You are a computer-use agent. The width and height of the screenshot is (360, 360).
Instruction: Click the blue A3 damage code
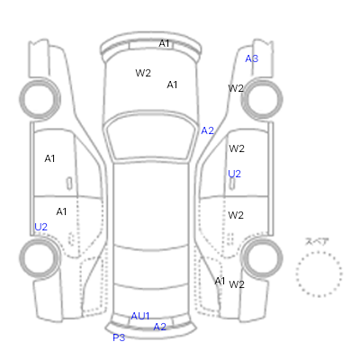pos(251,58)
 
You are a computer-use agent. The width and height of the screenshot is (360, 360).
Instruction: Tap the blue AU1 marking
pos(140,316)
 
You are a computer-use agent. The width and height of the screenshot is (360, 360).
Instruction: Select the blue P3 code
pos(119,337)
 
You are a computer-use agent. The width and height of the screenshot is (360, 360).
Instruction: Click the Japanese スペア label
pos(317,241)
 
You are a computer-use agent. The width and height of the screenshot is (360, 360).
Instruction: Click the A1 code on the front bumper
pos(164,44)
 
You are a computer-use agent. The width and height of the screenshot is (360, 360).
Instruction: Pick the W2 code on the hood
pos(143,73)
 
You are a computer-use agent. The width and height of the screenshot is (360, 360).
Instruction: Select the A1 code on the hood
pos(172,85)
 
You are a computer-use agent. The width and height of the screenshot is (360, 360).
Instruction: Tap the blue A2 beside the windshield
pos(207,130)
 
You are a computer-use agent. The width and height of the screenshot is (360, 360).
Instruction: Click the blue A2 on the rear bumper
pos(159,327)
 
